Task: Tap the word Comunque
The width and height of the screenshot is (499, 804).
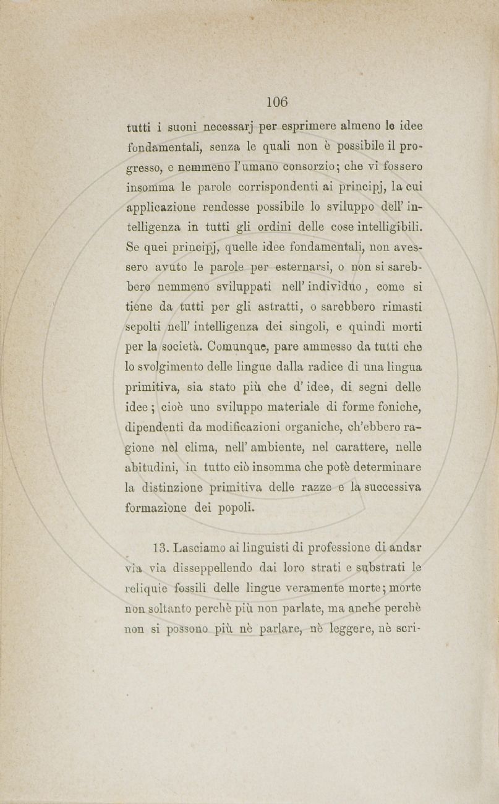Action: [241, 348]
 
